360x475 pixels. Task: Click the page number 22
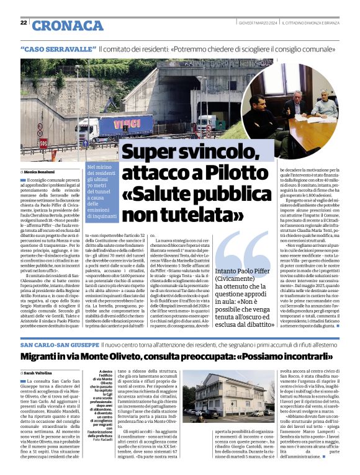coord(24,23)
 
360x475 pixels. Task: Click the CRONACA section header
coord(68,25)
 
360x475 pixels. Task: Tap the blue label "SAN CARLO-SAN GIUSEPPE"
coord(59,344)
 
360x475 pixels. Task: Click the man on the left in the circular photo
coord(261,114)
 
